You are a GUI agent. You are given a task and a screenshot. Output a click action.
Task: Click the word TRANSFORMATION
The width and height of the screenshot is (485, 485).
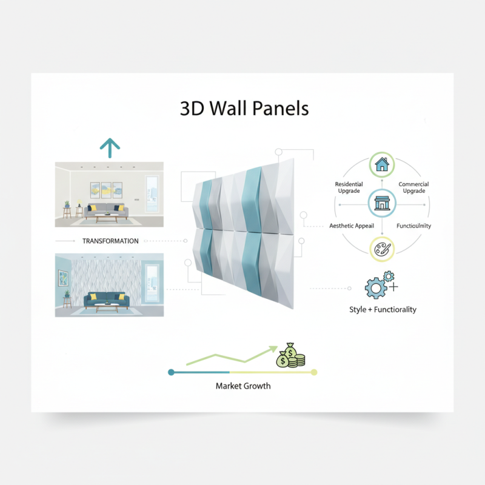pyautogui.click(x=110, y=241)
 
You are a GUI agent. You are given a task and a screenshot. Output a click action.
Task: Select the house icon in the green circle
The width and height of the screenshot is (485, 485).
pyautogui.click(x=381, y=164)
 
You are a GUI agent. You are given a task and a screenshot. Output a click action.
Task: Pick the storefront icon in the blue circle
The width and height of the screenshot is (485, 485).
pyautogui.click(x=381, y=203)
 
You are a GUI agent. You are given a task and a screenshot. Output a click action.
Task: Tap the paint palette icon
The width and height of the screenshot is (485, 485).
pyautogui.click(x=382, y=249)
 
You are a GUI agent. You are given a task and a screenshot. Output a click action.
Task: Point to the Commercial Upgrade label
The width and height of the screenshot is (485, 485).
pyautogui.click(x=413, y=187)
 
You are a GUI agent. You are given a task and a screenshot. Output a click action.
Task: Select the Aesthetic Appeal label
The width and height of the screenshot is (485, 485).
pyautogui.click(x=352, y=226)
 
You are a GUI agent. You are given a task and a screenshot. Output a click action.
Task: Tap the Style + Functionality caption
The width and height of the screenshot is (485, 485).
pyautogui.click(x=383, y=309)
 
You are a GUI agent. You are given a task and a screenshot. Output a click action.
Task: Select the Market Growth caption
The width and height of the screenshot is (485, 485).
pyautogui.click(x=243, y=386)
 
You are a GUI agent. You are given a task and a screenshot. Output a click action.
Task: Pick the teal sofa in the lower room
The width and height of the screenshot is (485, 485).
pyautogui.click(x=107, y=298)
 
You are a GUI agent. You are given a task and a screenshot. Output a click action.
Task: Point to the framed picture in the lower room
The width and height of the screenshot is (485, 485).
pyautogui.click(x=64, y=277)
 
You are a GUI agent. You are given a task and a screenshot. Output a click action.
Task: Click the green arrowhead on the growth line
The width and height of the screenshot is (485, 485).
pyautogui.click(x=272, y=350)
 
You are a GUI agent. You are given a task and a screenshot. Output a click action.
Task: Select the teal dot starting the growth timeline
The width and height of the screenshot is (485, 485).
pyautogui.click(x=172, y=372)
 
